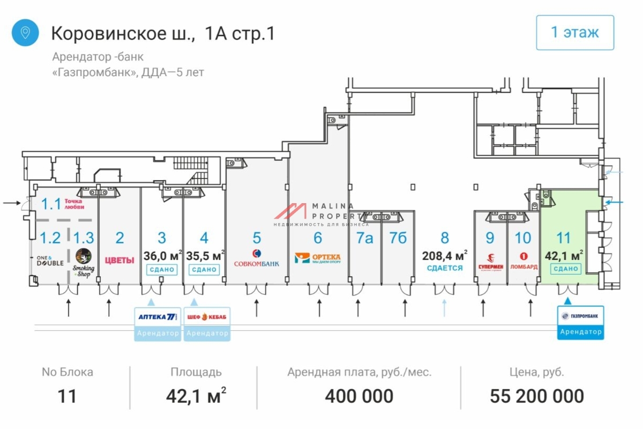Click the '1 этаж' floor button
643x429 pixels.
point(575,32)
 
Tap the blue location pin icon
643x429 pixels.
point(25,33)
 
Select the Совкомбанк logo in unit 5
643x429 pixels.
point(257,258)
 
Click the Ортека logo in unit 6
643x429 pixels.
point(318,258)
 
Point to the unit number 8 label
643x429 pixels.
point(444,238)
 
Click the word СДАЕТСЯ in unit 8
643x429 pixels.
point(444,268)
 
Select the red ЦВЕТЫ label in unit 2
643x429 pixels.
point(119,260)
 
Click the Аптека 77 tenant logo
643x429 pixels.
point(157,317)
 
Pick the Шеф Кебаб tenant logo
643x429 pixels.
point(207,317)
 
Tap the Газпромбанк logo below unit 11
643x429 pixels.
point(581,316)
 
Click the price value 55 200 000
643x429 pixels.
point(536,396)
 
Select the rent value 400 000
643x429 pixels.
point(358,396)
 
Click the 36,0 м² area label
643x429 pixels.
point(162,255)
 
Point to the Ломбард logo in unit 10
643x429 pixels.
point(524,261)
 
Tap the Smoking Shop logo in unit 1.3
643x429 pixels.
point(84,263)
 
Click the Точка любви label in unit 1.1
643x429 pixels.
point(74,204)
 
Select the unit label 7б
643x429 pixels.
point(398,238)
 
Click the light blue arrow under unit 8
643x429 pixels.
point(444,309)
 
